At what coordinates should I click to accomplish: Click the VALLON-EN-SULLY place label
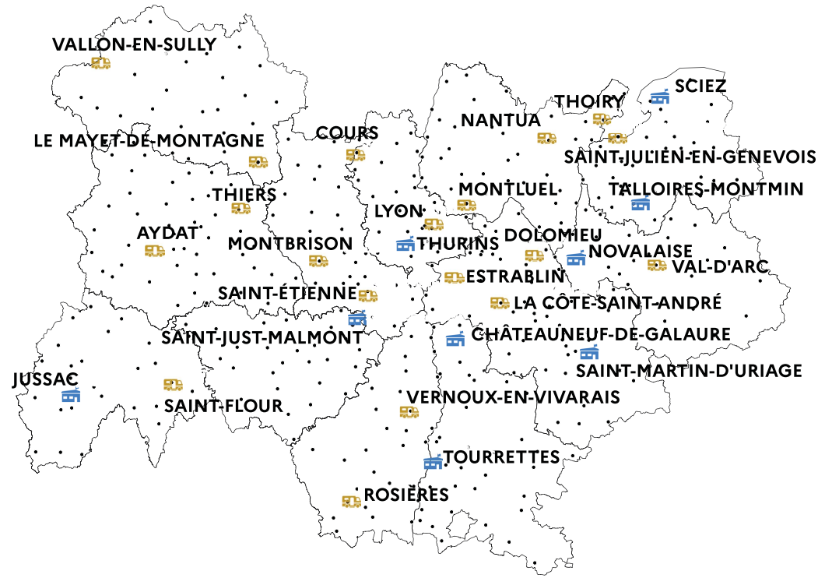(x=133, y=44)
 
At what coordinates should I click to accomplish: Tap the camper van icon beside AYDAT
(x=155, y=251)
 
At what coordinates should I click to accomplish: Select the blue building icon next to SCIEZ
(x=660, y=97)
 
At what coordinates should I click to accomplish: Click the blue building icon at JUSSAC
(x=71, y=395)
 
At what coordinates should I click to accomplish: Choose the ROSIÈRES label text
(x=407, y=495)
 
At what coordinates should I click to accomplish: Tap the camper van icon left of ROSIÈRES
(x=352, y=502)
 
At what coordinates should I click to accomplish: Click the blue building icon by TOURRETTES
(x=433, y=462)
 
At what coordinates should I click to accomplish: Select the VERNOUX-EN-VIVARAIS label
(x=514, y=397)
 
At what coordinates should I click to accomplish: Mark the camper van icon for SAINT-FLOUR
(x=173, y=385)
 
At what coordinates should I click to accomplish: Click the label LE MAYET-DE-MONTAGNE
(x=149, y=141)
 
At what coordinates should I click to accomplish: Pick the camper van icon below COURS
(x=355, y=155)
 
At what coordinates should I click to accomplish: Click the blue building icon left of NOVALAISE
(x=576, y=258)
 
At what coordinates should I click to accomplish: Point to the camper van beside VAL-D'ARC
(x=657, y=266)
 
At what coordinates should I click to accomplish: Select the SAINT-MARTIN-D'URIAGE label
(x=689, y=371)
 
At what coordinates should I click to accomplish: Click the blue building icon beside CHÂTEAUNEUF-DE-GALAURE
(x=455, y=339)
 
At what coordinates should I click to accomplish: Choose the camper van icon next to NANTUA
(x=546, y=138)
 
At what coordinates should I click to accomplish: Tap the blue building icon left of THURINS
(x=405, y=245)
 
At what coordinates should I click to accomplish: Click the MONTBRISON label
(x=290, y=244)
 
